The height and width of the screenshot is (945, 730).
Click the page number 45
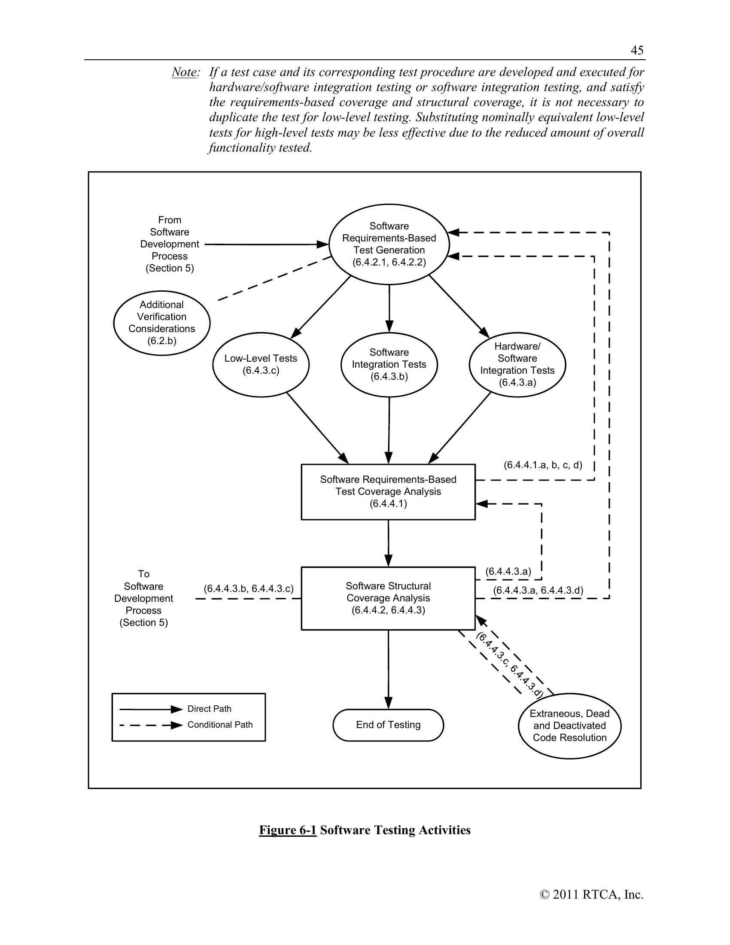pos(637,51)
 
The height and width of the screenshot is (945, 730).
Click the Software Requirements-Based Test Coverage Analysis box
pos(388,491)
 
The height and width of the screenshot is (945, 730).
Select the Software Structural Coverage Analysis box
pos(388,598)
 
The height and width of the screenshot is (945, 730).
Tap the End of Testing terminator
pos(388,725)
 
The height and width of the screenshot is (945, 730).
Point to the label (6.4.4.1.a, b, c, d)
pos(543,465)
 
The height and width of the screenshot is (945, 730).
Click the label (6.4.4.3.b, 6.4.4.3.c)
pos(249,588)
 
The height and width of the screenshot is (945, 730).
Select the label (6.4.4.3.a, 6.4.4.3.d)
pos(538,590)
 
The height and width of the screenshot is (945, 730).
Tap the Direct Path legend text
pos(209,709)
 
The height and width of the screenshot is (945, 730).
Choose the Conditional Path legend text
pos(220,725)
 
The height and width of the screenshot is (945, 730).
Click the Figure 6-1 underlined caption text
pos(288,830)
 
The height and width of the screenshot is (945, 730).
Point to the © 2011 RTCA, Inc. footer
pos(592,894)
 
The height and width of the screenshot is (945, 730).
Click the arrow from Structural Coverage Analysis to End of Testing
pos(388,669)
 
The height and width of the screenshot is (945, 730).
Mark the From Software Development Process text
pos(170,244)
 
